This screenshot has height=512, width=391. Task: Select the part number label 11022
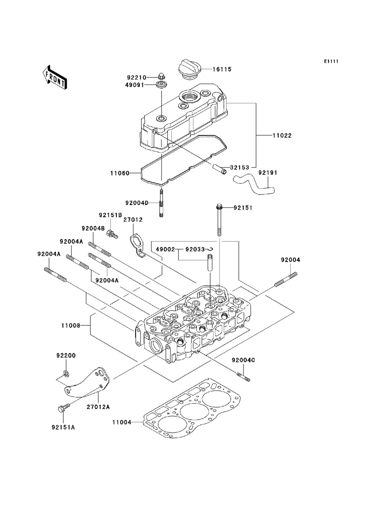[x=282, y=135]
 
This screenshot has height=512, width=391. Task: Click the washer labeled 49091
[x=160, y=85]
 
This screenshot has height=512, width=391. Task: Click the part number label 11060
[x=120, y=173]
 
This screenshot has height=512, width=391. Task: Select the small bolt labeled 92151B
[x=112, y=234]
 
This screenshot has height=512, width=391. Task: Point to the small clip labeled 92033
[x=210, y=249]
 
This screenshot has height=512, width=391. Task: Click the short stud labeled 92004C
[x=244, y=377]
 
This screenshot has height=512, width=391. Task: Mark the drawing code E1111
[x=331, y=61]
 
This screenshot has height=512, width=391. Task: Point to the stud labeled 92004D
[x=161, y=203]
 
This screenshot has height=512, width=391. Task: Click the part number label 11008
[x=71, y=325]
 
